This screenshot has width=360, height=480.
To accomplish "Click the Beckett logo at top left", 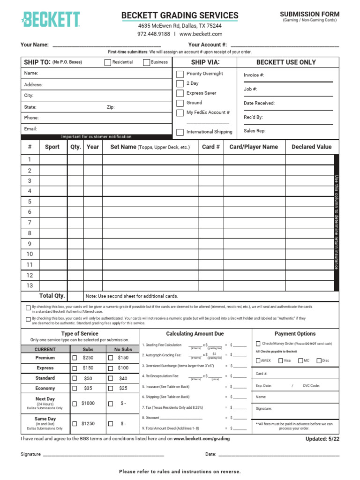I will coord(50,19).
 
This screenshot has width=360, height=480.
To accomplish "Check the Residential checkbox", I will coord(108,62).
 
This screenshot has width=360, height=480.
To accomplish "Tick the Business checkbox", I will coord(147,62).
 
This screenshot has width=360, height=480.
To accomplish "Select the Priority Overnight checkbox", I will coord(180,74).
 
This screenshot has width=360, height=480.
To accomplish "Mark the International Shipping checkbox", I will coord(180,132).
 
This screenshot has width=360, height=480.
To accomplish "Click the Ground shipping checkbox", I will coord(180,103).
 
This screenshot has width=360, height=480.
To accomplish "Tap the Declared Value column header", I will coord(311,147).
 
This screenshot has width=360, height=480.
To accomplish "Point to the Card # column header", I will coord(211,147).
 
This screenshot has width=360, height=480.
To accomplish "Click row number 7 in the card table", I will coord(30,223).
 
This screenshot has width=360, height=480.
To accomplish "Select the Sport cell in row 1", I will coord(52,160).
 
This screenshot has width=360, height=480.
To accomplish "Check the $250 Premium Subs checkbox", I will coord(75,358).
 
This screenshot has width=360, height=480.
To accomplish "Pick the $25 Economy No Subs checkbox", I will coord(111,388).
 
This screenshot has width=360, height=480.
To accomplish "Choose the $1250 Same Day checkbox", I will coord(75,424).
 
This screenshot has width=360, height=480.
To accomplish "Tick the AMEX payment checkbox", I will coord(258,360).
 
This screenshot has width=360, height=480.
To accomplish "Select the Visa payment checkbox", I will coord(280,360).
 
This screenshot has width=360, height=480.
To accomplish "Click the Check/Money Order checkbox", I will coord(258,344).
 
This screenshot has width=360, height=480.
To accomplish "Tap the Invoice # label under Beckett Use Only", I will coord(254,75).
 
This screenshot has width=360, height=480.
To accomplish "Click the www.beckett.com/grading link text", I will coord(202,439).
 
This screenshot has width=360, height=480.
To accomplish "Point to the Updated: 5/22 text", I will coord(322,439).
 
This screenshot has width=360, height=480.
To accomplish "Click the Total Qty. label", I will coord(52,296).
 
